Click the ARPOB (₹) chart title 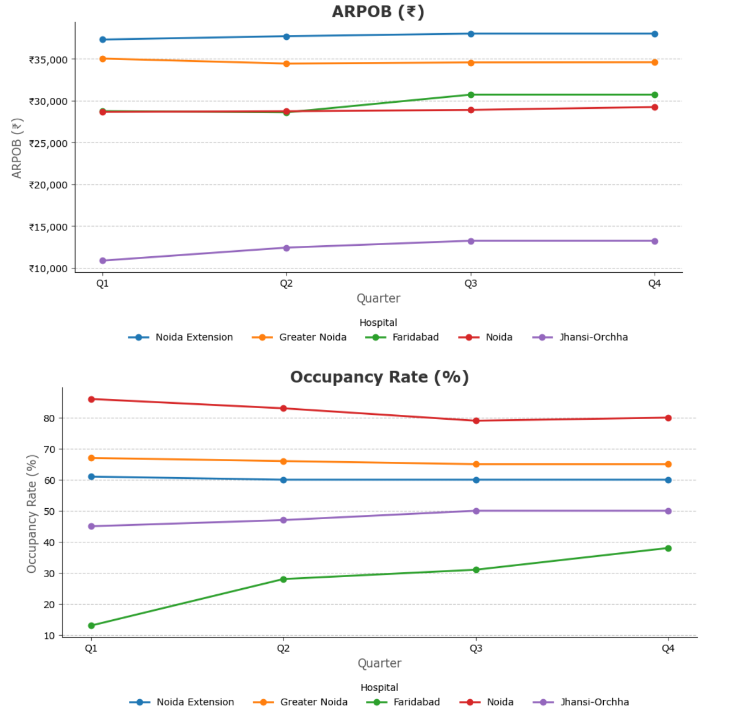pos(378,12)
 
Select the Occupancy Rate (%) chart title pos(379,377)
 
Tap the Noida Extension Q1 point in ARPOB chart pos(103,40)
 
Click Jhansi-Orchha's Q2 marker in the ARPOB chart pos(286,248)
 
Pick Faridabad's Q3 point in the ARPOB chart pos(471,95)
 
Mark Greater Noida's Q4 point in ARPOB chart pos(655,62)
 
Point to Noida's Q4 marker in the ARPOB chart pos(655,107)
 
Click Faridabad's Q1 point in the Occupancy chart pos(91,626)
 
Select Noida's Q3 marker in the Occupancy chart pos(476,421)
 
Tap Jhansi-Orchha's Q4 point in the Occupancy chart pos(668,511)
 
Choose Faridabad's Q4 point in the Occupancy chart pos(668,548)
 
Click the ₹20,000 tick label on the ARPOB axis pos(48,185)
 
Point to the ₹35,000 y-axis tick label pos(48,60)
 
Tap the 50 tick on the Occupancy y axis pos(50,511)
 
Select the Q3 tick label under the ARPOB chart pos(471,283)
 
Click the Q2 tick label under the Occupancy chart pos(283,648)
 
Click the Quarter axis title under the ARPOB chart pos(378,298)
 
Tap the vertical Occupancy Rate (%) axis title pos(32,514)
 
